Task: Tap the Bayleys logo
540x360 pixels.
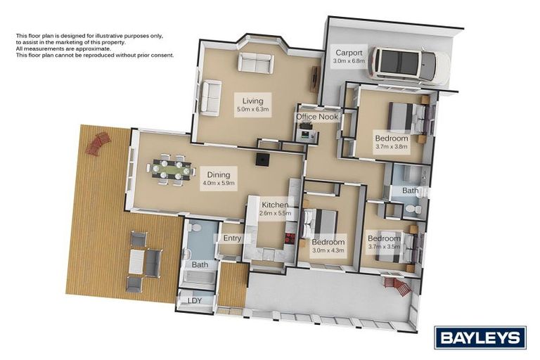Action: (480, 337)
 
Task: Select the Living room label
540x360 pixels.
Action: (253, 101)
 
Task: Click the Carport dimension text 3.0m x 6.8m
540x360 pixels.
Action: (349, 61)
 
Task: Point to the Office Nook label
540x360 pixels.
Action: (315, 117)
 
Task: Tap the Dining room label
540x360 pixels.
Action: (217, 174)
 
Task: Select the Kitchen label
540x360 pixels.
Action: (274, 205)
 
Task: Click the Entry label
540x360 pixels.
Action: (232, 238)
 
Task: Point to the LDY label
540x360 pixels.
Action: (193, 300)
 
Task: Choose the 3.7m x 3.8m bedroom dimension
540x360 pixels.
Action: (391, 147)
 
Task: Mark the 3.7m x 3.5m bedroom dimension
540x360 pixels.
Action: (383, 247)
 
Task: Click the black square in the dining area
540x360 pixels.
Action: (263, 160)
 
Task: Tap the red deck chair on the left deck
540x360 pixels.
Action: (97, 144)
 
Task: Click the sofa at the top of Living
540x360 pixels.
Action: (255, 64)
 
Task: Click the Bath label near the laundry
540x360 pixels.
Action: (200, 265)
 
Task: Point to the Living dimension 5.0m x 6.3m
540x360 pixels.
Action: (253, 110)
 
